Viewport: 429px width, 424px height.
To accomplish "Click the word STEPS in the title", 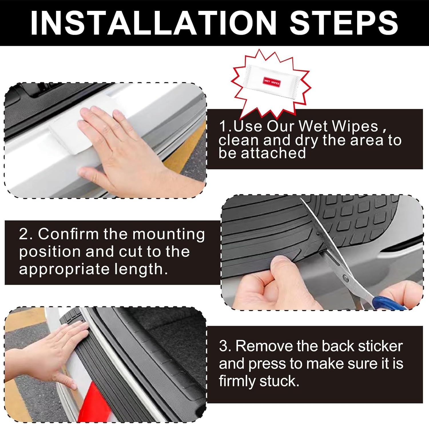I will pos(344,23).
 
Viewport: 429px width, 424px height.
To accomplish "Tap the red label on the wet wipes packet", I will pos(271,82).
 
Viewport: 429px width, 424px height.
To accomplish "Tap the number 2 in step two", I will pos(23,234).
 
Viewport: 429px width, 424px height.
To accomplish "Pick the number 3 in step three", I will pos(224,346).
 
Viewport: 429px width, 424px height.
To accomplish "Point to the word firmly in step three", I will pos(237,381).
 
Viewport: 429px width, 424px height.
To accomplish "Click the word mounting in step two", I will pos(169,234).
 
